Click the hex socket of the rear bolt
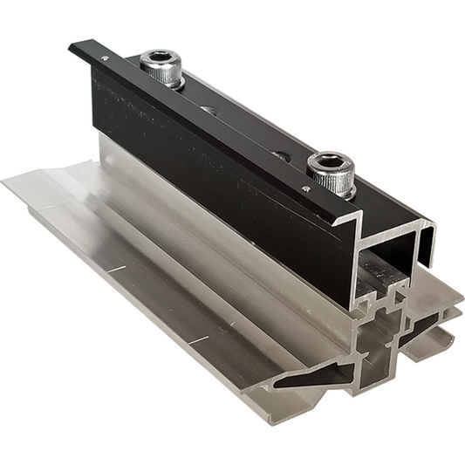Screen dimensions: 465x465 (162, 58)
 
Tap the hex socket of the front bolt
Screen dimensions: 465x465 (332, 162)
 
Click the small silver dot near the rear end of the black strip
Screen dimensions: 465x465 (105, 58)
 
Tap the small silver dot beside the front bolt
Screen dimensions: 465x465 (305, 188)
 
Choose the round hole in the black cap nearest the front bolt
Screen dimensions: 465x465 (281, 156)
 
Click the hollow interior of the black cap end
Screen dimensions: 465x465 (393, 253)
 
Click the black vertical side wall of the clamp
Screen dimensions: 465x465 (218, 192)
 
